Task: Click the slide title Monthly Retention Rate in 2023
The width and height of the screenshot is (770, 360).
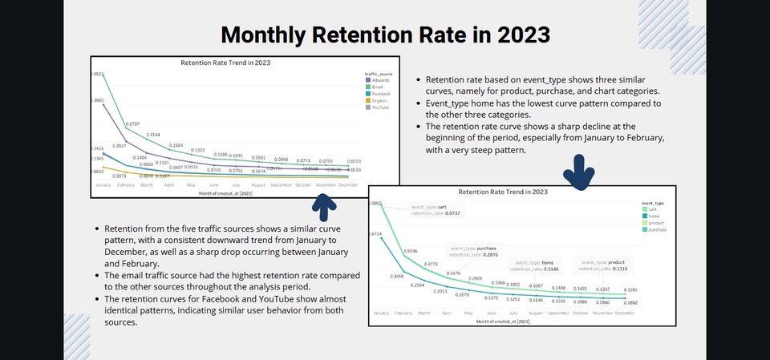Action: tap(385, 34)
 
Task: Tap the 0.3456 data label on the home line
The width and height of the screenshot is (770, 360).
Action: tap(419, 277)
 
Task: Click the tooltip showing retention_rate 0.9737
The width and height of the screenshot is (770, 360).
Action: tap(438, 210)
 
